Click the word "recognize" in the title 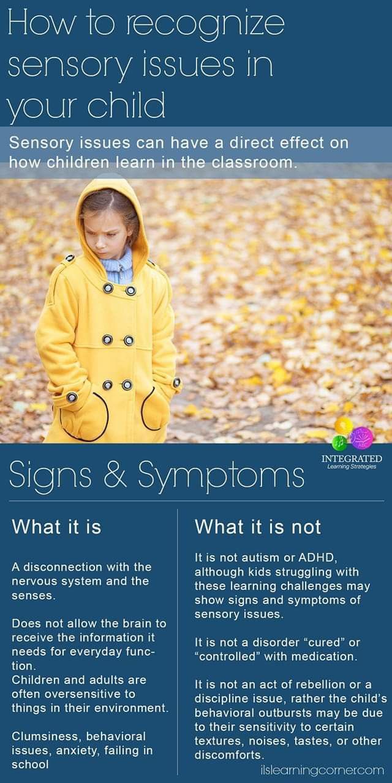[x=205, y=25]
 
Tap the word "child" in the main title [x=126, y=104]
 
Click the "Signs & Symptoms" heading [x=157, y=474]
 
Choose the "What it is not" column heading [x=258, y=527]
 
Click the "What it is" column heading [x=56, y=527]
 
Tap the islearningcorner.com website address [x=322, y=770]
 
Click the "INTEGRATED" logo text [x=352, y=458]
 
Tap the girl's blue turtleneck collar [x=117, y=265]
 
